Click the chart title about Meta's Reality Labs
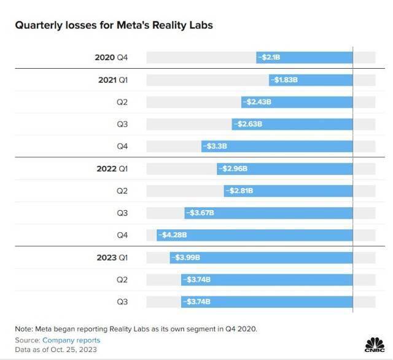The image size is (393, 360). [114, 26]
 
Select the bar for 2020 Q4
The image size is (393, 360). [305, 58]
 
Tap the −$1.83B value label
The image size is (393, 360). [288, 80]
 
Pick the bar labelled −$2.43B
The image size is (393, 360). [297, 102]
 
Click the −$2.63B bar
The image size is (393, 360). [292, 124]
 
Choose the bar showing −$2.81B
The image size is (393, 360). [289, 190]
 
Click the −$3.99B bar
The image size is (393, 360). [262, 257]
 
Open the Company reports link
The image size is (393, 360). [71, 340]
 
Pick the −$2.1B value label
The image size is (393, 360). [271, 58]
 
